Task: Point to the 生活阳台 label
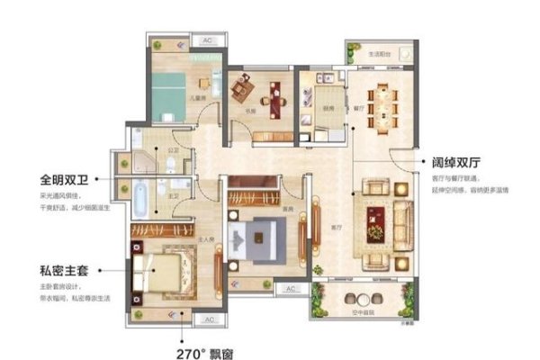pyautogui.click(x=378, y=53)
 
